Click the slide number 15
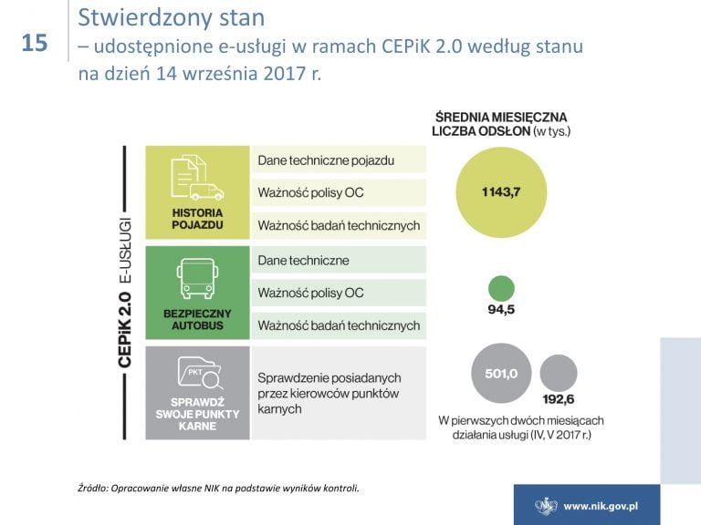pyautogui.click(x=35, y=44)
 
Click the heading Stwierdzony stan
pyautogui.click(x=172, y=18)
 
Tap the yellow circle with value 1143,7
pyautogui.click(x=501, y=192)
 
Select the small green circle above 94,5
pyautogui.click(x=501, y=288)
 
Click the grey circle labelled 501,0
pyautogui.click(x=501, y=373)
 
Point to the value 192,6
pyautogui.click(x=559, y=399)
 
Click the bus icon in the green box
pyautogui.click(x=197, y=279)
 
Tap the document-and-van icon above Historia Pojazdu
pyautogui.click(x=197, y=177)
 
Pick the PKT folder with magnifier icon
pyautogui.click(x=200, y=373)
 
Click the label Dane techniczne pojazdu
pyautogui.click(x=326, y=160)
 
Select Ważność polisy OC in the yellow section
pyautogui.click(x=310, y=192)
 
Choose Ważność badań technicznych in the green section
pyautogui.click(x=339, y=325)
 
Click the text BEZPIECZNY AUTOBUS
pyautogui.click(x=197, y=320)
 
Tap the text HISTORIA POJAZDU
pyautogui.click(x=197, y=219)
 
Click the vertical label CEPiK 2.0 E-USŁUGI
pyautogui.click(x=125, y=293)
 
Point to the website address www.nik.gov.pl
pyautogui.click(x=601, y=506)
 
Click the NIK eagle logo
pyautogui.click(x=546, y=506)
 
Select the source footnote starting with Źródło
pyautogui.click(x=219, y=488)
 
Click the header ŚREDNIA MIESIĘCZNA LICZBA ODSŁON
pyautogui.click(x=501, y=124)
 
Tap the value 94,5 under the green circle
pyautogui.click(x=501, y=309)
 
